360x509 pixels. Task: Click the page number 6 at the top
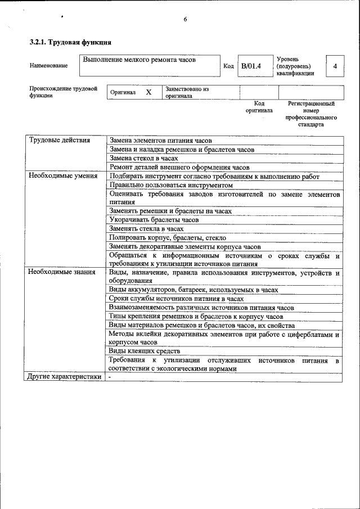184,20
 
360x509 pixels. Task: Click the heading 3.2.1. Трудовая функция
70,42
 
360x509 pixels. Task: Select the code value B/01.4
251,66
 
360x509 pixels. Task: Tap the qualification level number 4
335,66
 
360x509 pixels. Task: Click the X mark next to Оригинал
148,92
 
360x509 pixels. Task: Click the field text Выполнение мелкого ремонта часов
139,60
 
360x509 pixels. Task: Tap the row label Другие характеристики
64,377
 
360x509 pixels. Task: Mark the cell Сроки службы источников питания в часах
175,299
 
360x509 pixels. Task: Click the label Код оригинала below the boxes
259,107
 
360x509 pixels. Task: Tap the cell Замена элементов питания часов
160,141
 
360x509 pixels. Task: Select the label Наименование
49,66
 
